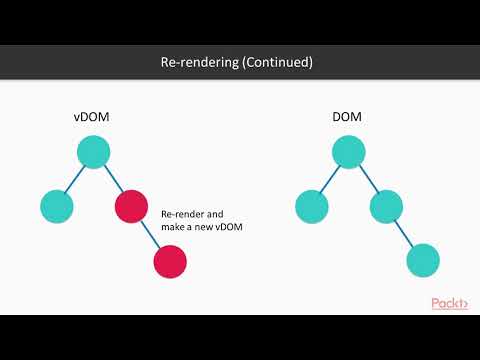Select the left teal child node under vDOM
57,207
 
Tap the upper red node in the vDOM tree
132,207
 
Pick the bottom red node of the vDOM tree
170,263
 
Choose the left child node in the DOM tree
312,207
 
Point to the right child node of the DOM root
386,207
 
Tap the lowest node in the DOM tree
424,263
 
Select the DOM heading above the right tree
348,118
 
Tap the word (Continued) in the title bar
277,62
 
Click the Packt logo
451,303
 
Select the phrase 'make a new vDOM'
202,228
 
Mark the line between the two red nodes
151,235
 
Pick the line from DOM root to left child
330,179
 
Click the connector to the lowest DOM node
405,235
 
